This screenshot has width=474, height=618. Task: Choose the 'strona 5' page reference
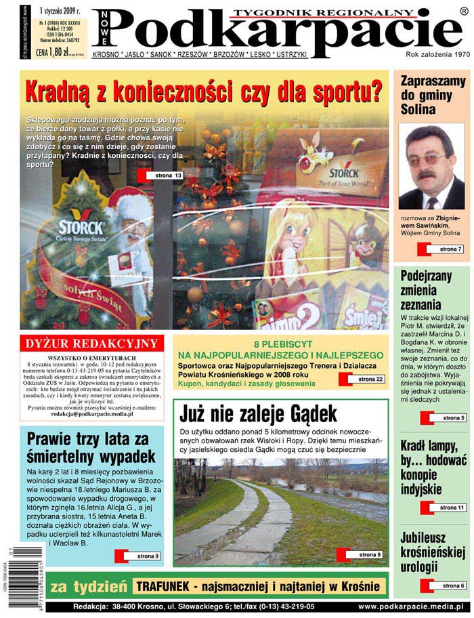click(x=452, y=418)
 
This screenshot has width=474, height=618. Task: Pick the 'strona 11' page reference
click(x=451, y=508)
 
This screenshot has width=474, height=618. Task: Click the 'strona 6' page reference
click(x=452, y=585)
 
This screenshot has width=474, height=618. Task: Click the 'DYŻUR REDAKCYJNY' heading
click(x=91, y=344)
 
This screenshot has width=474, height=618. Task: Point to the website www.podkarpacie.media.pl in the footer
click(x=410, y=606)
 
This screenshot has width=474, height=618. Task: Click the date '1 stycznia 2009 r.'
click(x=60, y=11)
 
